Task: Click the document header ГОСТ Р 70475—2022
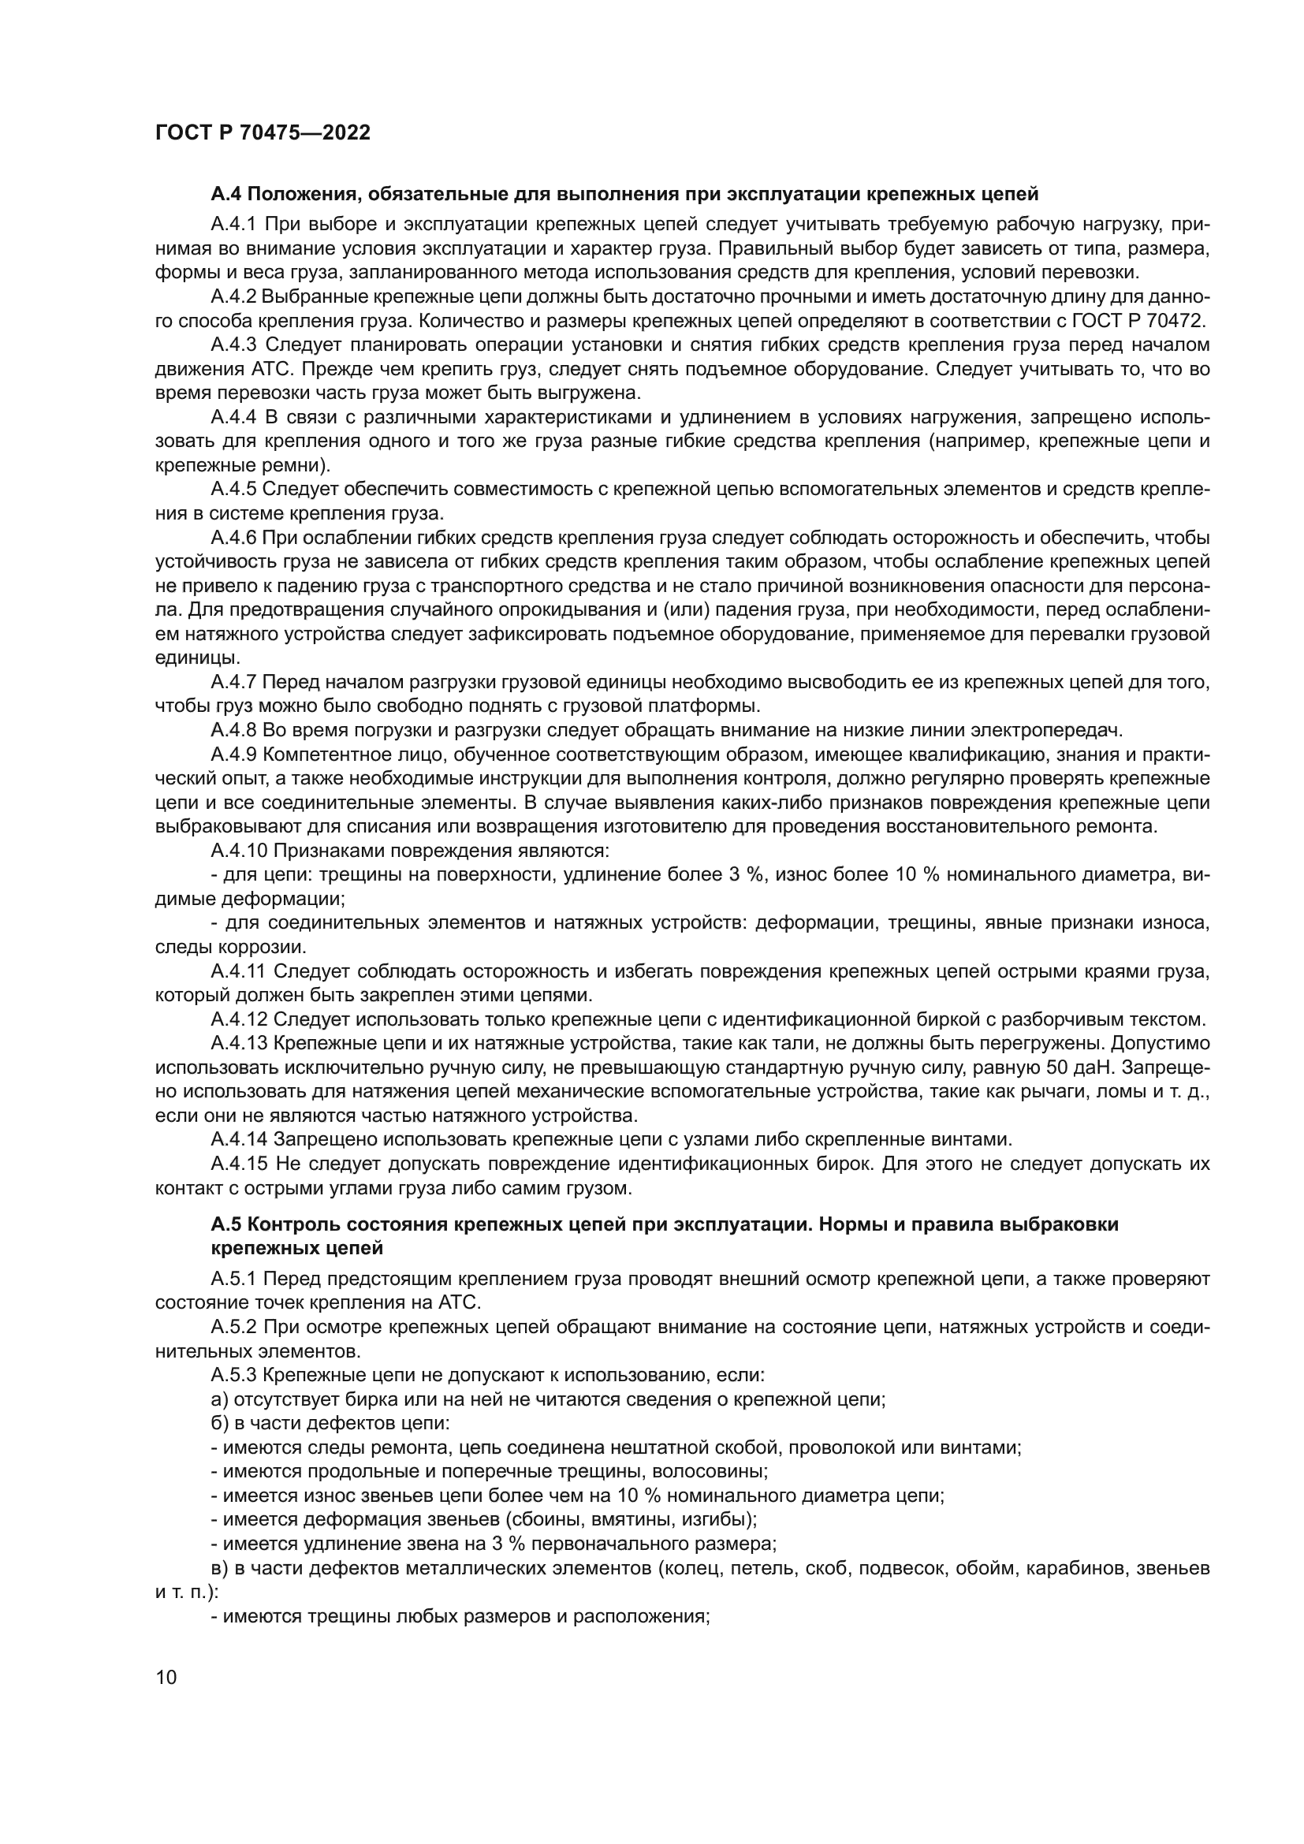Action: pos(263,133)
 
